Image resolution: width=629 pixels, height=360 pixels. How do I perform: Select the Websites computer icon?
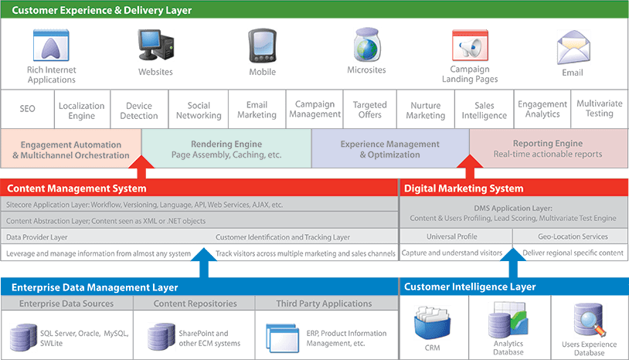(155, 46)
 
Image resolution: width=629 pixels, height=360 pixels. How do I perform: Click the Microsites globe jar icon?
(367, 46)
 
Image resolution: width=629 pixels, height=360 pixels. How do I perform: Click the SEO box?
(28, 110)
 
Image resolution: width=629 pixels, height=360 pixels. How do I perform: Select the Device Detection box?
(138, 110)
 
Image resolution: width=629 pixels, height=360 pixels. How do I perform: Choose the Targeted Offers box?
(369, 110)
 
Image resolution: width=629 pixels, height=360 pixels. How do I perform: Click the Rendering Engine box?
(226, 149)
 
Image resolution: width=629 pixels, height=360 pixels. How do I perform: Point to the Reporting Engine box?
(547, 149)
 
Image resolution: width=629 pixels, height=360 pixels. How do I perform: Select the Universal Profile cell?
(456, 236)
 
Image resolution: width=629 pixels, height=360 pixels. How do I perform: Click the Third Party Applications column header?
(325, 304)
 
